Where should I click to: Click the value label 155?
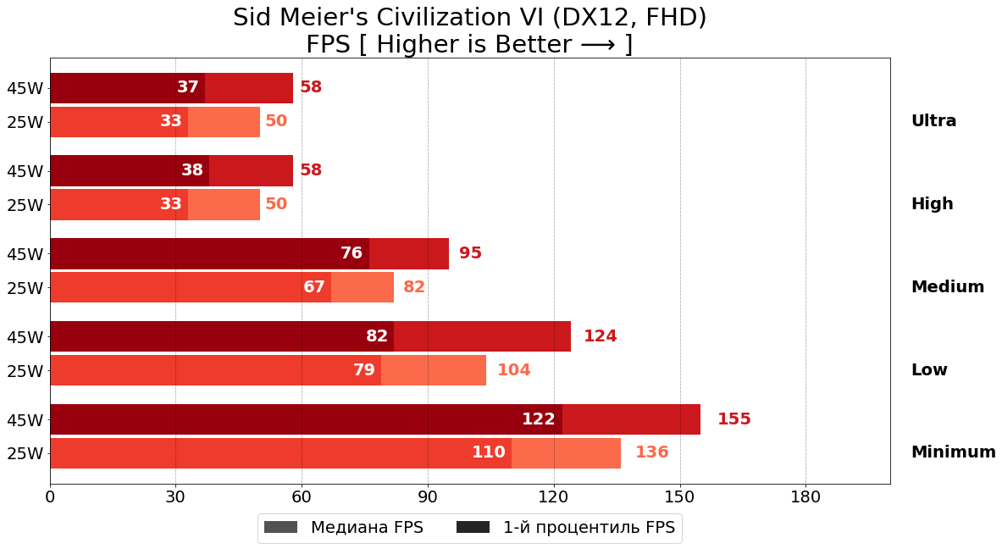734,419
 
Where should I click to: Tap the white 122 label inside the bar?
538,419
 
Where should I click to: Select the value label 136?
651,452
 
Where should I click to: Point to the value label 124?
600,336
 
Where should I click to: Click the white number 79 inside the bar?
363,370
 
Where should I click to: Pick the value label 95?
470,253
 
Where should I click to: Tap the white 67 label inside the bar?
314,287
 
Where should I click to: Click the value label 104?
513,370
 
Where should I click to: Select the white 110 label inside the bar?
488,452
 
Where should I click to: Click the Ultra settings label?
933,121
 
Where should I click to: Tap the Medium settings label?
947,287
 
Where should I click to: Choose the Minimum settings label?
953,452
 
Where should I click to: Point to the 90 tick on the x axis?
428,497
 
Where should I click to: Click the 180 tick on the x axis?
805,497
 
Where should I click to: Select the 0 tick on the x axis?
50,497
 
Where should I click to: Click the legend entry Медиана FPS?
366,528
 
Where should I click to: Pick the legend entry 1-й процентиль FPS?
589,528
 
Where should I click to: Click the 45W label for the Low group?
25,337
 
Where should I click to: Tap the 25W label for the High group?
25,205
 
